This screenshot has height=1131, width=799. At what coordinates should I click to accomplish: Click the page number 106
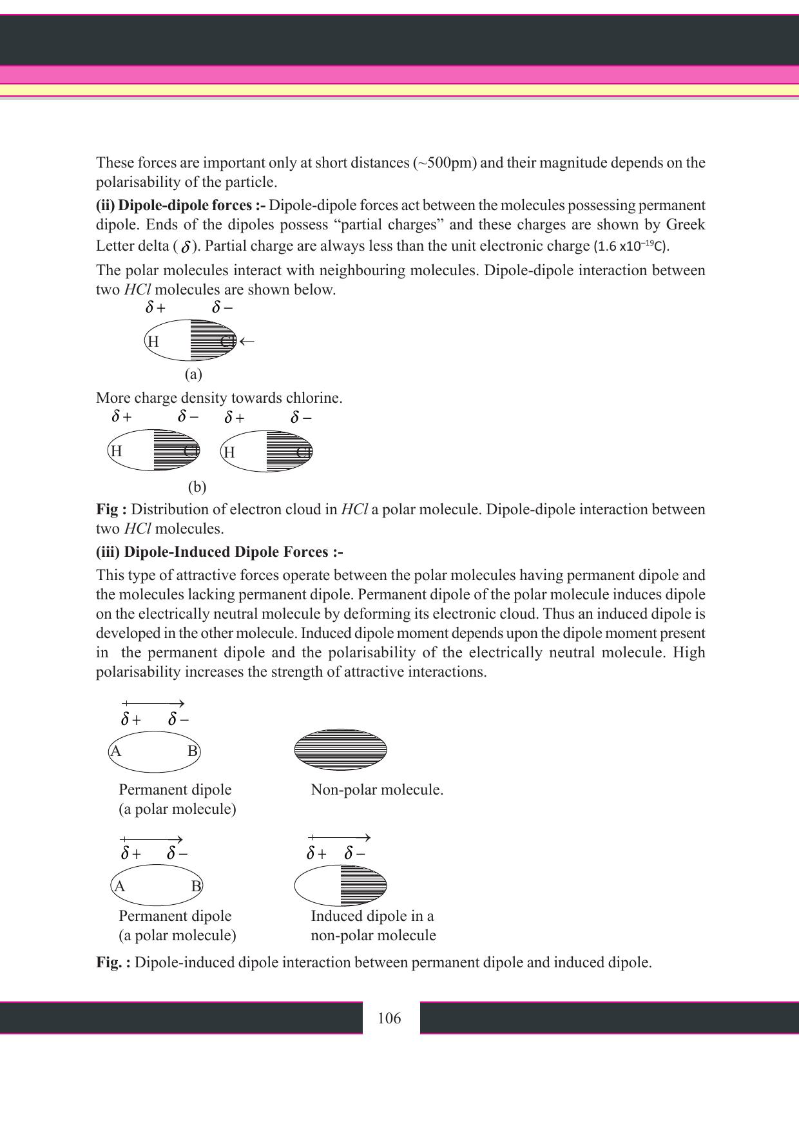pyautogui.click(x=389, y=1018)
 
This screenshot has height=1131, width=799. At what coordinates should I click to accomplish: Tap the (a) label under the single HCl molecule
pyautogui.click(x=193, y=374)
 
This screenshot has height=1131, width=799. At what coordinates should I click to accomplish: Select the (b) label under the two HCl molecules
pyautogui.click(x=197, y=487)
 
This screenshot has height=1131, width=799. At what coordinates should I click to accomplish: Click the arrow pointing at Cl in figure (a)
pyautogui.click(x=247, y=341)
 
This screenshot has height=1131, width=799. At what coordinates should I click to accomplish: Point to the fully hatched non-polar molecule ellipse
pyautogui.click(x=340, y=749)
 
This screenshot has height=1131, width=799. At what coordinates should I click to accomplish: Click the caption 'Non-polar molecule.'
pyautogui.click(x=377, y=789)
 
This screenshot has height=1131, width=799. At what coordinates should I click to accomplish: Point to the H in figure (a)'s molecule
pyautogui.click(x=153, y=342)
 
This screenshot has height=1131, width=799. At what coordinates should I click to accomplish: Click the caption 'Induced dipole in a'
pyautogui.click(x=372, y=916)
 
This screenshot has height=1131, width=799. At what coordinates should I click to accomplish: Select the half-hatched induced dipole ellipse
pyautogui.click(x=340, y=885)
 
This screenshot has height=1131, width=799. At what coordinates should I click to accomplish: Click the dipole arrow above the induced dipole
pyautogui.click(x=340, y=837)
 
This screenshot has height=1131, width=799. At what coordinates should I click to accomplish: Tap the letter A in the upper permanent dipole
pyautogui.click(x=116, y=751)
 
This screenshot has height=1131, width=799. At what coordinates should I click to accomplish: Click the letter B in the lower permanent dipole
pyautogui.click(x=197, y=886)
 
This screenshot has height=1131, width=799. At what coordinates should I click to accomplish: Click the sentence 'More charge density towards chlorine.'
pyautogui.click(x=219, y=398)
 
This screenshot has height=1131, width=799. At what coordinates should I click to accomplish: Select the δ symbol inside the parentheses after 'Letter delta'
pyautogui.click(x=186, y=247)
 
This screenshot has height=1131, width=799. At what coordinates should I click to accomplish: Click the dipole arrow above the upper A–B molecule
pyautogui.click(x=153, y=703)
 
